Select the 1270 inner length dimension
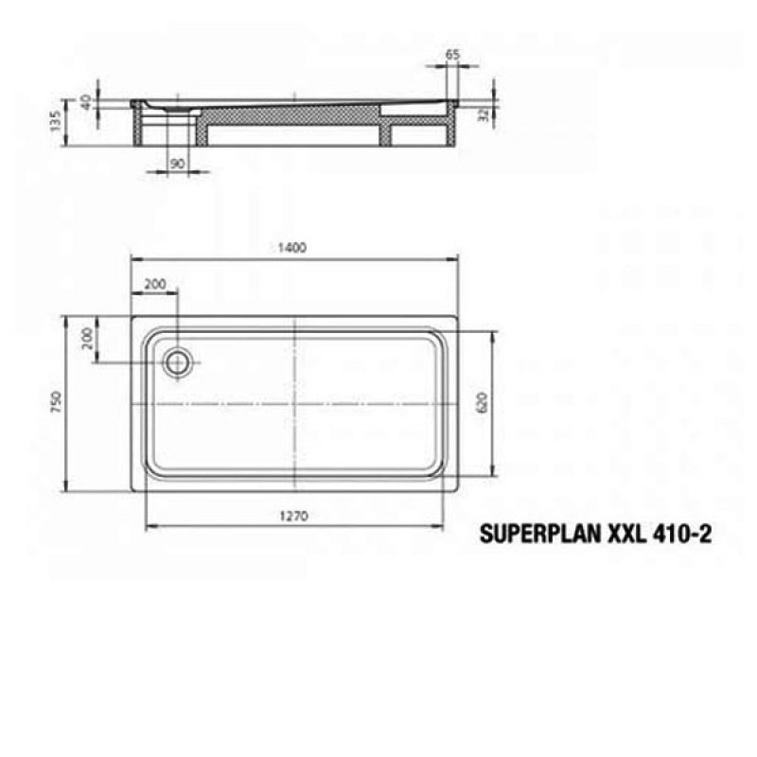point(295,517)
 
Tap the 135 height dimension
point(56,121)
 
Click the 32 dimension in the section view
point(484,114)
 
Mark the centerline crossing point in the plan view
point(296,403)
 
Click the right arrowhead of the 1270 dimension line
point(448,527)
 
